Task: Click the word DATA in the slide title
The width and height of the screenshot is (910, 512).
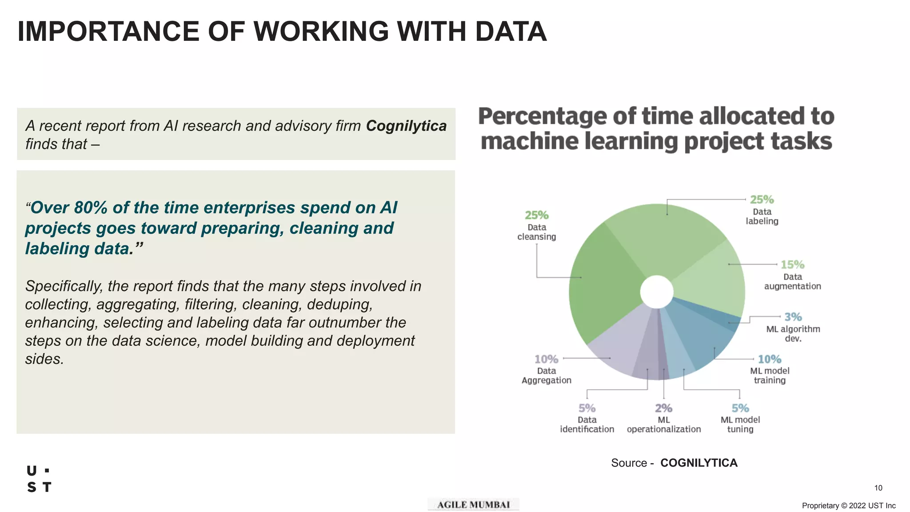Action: click(x=511, y=32)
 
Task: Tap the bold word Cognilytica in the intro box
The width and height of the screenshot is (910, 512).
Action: click(x=406, y=126)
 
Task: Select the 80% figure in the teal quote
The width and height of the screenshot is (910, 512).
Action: click(x=91, y=208)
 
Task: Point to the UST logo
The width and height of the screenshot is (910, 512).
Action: click(x=39, y=479)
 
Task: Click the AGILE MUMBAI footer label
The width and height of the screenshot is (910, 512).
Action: click(x=473, y=504)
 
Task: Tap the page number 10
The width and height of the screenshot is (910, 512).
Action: click(x=878, y=488)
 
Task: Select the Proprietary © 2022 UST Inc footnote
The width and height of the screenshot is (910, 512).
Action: click(x=848, y=506)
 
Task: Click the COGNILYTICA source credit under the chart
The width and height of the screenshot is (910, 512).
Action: click(x=698, y=463)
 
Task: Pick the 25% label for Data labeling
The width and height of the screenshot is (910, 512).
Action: click(x=762, y=200)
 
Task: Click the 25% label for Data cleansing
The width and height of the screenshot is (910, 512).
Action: click(x=536, y=216)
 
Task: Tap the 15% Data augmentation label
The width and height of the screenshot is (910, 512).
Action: click(x=792, y=265)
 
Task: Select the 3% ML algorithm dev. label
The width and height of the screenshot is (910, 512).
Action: click(x=793, y=317)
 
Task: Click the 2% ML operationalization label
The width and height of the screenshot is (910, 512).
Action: click(x=663, y=408)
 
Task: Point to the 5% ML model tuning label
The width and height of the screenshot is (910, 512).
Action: click(x=740, y=408)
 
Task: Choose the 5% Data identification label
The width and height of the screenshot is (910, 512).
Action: click(x=587, y=408)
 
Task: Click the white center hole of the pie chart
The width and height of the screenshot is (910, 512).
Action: click(x=657, y=292)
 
